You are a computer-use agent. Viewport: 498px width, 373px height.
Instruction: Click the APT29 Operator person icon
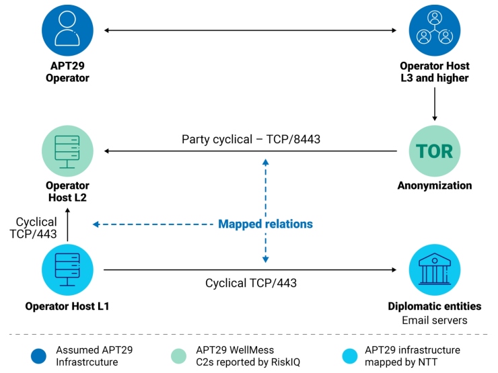click(67, 30)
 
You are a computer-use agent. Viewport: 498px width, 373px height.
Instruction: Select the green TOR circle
click(434, 151)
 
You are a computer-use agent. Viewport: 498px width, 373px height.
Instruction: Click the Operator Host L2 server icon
click(67, 151)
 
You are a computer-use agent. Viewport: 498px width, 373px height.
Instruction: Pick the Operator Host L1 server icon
click(67, 270)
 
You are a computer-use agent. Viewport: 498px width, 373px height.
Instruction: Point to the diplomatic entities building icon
click(434, 270)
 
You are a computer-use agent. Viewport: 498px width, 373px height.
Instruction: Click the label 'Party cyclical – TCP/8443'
click(250, 140)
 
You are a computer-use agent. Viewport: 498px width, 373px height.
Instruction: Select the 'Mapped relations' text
click(265, 224)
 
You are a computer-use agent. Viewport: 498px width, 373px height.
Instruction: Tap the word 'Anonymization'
click(434, 185)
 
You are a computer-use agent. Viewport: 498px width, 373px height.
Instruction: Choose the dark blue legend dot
click(40, 355)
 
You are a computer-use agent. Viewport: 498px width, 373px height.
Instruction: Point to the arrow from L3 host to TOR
click(434, 103)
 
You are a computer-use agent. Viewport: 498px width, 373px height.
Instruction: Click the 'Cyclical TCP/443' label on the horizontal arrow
click(250, 283)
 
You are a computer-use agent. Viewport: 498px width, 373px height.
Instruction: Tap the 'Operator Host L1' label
click(67, 306)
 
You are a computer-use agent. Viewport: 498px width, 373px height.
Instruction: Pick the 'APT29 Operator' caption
click(67, 72)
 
